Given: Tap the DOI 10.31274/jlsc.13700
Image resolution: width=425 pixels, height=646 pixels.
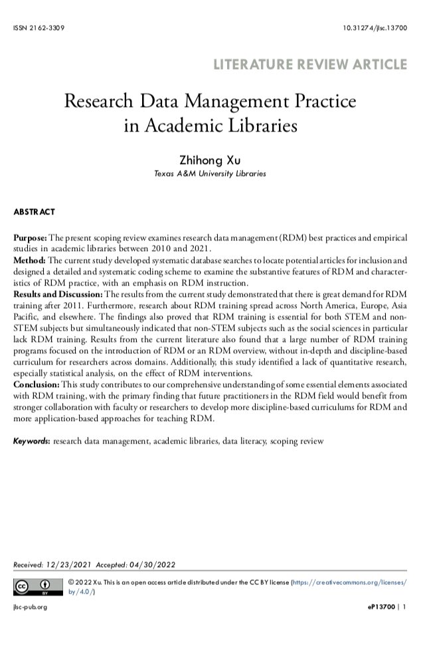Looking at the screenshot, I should [375, 28].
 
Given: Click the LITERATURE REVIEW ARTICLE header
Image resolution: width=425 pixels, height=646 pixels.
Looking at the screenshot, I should [309, 64].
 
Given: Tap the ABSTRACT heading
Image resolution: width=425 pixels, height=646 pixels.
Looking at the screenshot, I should [34, 212].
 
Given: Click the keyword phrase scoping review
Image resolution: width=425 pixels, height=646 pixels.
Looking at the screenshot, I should [297, 440].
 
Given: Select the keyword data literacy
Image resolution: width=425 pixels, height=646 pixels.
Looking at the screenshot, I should [244, 440].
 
